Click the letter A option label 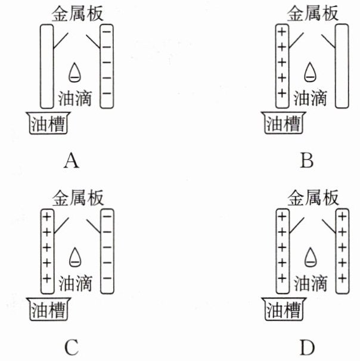(x=72, y=161)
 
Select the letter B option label (x=307, y=160)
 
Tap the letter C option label (x=72, y=347)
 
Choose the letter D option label (x=308, y=347)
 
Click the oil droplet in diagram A (x=75, y=73)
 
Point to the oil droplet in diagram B (x=310, y=72)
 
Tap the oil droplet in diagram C (x=75, y=257)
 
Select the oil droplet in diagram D (x=311, y=257)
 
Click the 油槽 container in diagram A (x=48, y=123)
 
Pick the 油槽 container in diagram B (x=284, y=123)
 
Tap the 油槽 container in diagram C (x=48, y=309)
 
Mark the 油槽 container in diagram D (x=284, y=309)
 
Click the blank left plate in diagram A (x=47, y=66)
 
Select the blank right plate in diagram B (x=342, y=66)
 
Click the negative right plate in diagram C (x=107, y=251)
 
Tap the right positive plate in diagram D (x=343, y=251)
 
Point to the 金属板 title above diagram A (x=77, y=14)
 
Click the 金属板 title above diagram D (x=313, y=198)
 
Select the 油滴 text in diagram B (x=311, y=98)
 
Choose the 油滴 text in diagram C (x=75, y=283)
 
